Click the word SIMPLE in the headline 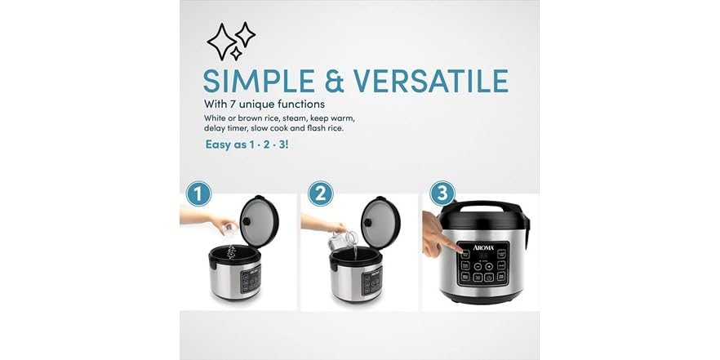pyautogui.click(x=250, y=82)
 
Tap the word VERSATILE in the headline pyautogui.click(x=430, y=82)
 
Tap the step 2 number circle pyautogui.click(x=321, y=194)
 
